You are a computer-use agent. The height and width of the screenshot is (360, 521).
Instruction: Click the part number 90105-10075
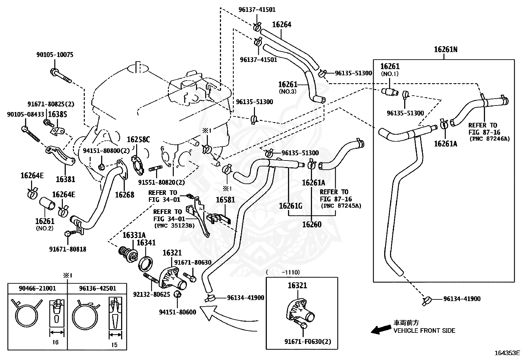coord(55,55)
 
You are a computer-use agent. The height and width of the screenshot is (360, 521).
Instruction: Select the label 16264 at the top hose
coord(282,25)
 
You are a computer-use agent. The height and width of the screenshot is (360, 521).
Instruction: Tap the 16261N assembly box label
coord(446,49)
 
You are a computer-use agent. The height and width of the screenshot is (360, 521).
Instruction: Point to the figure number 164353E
coord(507,353)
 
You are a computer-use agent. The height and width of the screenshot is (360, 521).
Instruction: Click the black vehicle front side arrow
coord(381,330)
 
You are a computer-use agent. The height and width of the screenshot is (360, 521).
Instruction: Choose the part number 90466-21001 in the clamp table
coord(37,288)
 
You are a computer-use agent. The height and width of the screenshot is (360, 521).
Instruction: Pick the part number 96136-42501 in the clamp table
coord(98,288)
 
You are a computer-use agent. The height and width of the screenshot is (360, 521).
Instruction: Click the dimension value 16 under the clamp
coord(55,342)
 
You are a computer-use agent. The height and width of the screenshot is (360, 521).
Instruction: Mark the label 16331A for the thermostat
coord(134,235)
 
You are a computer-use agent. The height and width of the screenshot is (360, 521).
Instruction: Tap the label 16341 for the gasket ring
coord(146,243)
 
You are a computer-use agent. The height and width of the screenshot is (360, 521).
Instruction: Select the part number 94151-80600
coord(178,312)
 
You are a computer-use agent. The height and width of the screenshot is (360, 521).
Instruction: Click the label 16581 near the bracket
coord(225,200)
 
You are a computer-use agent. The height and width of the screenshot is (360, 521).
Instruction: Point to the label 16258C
coord(138,140)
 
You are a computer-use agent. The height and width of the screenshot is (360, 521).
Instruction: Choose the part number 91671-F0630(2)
coord(308,342)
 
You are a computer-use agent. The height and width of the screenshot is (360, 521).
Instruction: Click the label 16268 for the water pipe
coord(125,195)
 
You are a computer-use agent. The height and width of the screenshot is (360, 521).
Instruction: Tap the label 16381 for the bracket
coord(65,179)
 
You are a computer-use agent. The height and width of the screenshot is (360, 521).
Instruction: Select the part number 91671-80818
coord(68,249)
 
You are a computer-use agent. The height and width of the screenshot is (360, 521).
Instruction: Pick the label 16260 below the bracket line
coord(312,225)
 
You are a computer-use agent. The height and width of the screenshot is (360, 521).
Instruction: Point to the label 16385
coord(58,114)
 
